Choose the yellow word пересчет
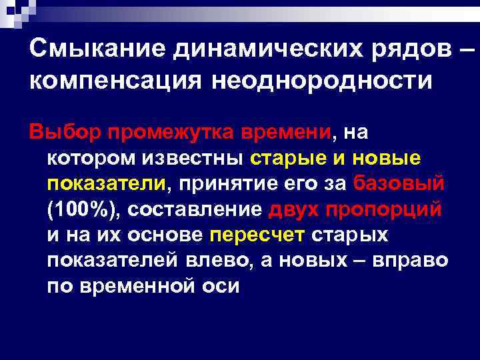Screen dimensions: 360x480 257,235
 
